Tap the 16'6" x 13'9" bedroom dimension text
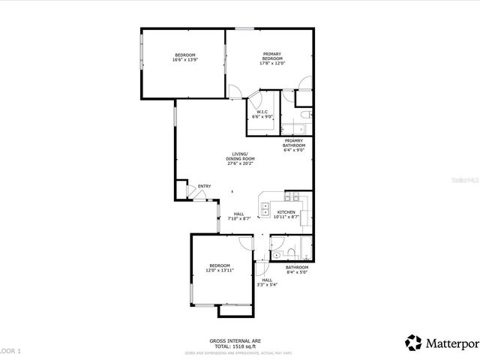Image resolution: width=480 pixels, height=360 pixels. (x=184, y=61)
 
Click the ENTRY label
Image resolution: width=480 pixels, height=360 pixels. (x=204, y=187)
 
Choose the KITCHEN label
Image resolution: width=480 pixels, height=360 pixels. (x=286, y=212)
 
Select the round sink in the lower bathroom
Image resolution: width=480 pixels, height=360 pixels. (x=275, y=255)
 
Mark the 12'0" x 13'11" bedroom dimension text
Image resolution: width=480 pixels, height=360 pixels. (x=220, y=270)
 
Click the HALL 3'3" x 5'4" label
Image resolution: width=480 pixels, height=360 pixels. (x=267, y=283)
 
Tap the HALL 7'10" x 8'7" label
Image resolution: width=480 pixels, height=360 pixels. (x=238, y=216)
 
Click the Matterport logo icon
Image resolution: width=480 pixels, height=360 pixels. (x=413, y=343)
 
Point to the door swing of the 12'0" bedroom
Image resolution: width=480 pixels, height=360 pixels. (x=246, y=243)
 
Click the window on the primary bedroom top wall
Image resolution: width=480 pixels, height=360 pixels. (x=243, y=28)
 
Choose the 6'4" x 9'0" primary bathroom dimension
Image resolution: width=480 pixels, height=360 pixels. (x=293, y=150)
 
